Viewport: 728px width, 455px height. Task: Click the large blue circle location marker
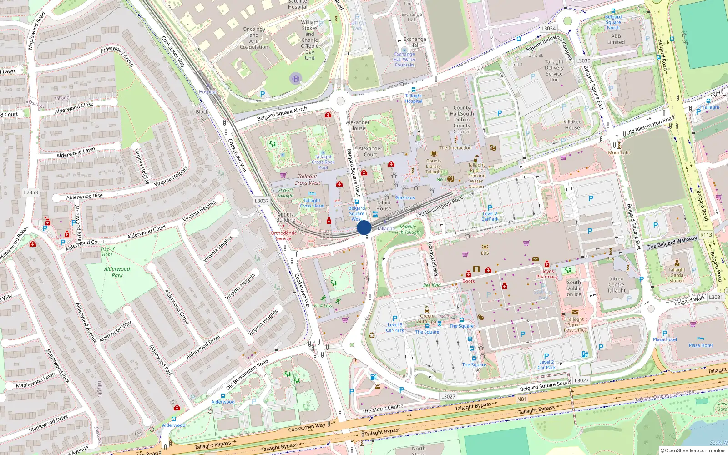coord(364,227)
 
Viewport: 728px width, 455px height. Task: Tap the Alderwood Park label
coord(117,272)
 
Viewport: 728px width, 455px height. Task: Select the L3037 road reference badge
coord(262,201)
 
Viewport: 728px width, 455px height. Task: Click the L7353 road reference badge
coord(31,192)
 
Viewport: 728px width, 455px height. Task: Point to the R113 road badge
coord(706,235)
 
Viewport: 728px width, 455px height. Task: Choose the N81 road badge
coord(522,399)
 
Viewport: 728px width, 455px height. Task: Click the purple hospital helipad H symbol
coord(296,78)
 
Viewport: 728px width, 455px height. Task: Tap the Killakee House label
coord(572,125)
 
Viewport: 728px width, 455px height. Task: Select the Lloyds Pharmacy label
coord(547,274)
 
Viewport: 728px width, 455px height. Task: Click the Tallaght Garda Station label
coord(677,275)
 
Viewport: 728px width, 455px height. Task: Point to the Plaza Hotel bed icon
coord(700,339)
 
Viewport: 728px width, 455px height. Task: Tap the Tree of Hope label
coord(107,252)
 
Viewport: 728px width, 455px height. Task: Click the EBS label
coord(485,253)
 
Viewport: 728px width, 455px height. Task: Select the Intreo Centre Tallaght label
coord(616,285)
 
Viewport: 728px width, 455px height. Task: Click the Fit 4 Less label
coord(323,305)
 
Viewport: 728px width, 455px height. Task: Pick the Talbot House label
coord(384,206)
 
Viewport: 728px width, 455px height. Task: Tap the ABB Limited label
coord(616,39)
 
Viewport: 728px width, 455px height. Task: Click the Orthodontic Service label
coord(283,236)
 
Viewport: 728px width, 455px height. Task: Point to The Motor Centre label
coord(383,409)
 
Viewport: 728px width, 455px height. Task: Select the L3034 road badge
coord(548,28)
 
